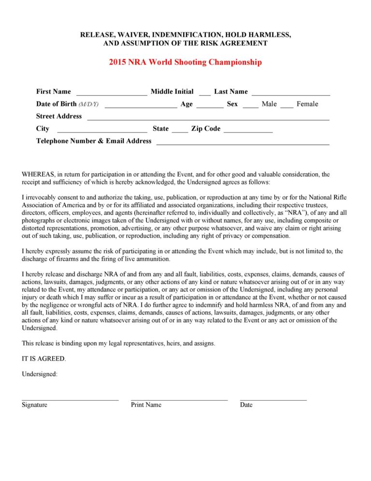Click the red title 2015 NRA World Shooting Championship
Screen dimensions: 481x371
[x=185, y=62]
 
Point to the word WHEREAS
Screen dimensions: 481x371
[x=38, y=174]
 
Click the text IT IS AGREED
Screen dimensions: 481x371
[x=44, y=359]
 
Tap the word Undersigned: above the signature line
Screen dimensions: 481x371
[x=40, y=374]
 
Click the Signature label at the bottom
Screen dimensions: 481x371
[x=34, y=405]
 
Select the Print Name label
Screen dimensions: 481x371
[x=146, y=405]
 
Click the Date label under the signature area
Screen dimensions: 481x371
[x=246, y=405]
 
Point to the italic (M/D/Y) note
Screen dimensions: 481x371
[x=88, y=105]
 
